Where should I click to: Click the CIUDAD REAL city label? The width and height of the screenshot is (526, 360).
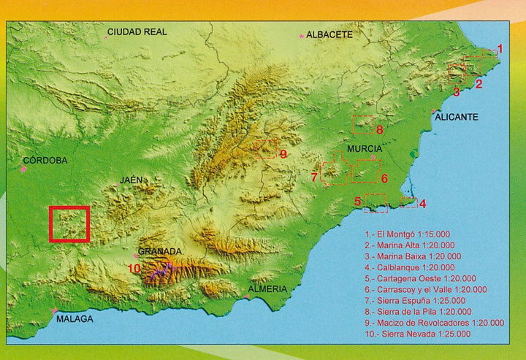137,31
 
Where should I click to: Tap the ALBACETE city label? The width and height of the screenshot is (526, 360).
329,34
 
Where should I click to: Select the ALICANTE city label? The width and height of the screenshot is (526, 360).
456,117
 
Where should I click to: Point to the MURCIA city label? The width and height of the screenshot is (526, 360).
365,148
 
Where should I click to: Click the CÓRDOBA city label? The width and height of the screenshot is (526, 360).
45,161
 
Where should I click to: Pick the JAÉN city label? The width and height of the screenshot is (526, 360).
131,180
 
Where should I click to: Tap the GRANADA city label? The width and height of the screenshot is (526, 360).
159,251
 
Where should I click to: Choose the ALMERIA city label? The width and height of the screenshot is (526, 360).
267,288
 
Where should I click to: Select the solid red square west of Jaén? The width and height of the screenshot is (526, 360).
69,224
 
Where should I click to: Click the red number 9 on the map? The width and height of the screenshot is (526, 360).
283,154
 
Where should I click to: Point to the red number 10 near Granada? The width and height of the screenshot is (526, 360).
134,269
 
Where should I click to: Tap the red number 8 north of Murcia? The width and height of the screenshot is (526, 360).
380,130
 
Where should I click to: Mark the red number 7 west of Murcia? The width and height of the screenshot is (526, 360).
314,177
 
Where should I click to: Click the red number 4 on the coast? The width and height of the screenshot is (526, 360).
423,203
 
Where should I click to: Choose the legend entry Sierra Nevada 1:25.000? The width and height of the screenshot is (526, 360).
418,334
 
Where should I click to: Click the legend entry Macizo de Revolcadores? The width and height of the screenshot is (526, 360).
434,322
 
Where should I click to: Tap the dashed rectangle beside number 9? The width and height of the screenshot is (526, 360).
267,149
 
